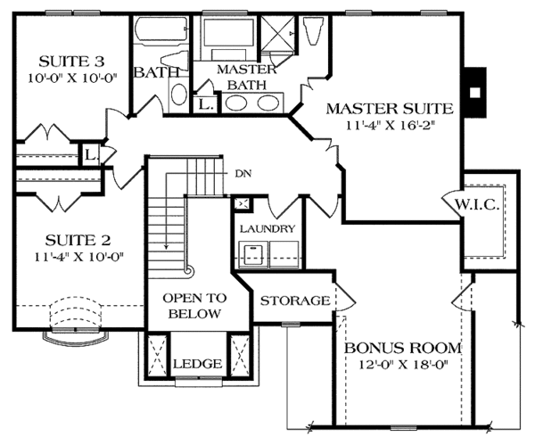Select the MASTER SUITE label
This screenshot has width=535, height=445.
(x=389, y=109)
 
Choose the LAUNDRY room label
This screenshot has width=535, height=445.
(x=267, y=229)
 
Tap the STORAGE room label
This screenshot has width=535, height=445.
(x=294, y=301)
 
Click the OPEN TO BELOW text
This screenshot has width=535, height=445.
(x=191, y=307)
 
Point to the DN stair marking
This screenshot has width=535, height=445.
(x=243, y=173)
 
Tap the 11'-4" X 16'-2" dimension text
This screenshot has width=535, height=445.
(x=389, y=127)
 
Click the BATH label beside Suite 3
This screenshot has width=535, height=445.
(x=152, y=72)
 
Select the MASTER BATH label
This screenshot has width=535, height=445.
(x=238, y=77)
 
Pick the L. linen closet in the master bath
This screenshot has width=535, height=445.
(x=205, y=104)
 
